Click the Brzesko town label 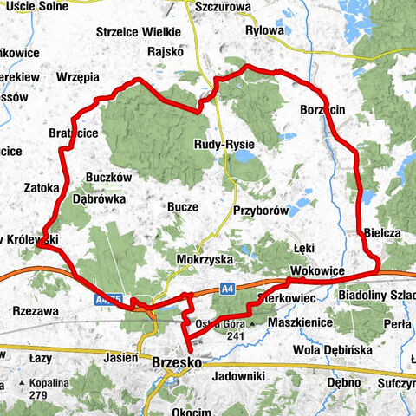coord(177,364)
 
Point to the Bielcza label coord(382,234)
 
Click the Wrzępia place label coord(78,77)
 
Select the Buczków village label coord(108,176)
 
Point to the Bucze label coord(184,207)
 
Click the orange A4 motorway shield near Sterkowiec coord(250,283)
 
